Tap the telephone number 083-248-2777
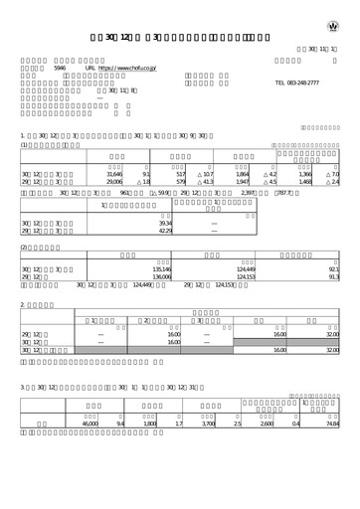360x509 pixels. [312, 85]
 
